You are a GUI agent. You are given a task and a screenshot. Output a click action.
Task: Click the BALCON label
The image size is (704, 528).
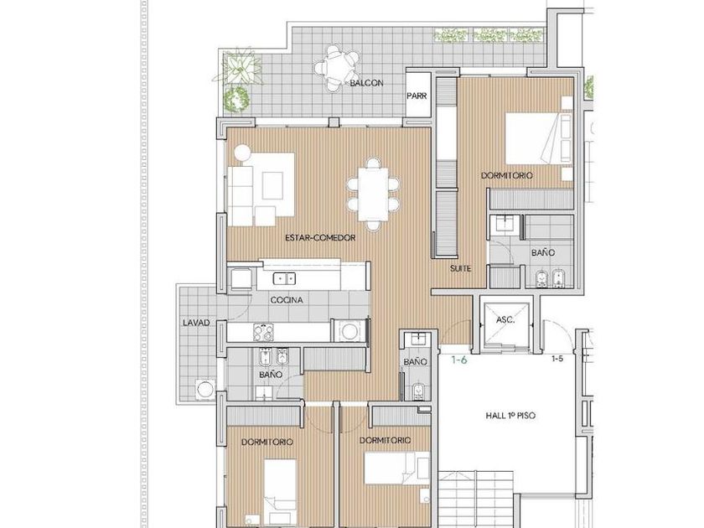point(366,83)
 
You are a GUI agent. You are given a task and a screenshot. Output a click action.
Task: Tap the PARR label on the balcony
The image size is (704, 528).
point(417,96)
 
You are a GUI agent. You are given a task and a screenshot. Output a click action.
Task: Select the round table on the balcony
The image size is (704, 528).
point(337,68)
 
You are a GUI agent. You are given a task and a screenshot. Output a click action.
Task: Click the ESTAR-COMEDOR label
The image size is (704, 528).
point(320,237)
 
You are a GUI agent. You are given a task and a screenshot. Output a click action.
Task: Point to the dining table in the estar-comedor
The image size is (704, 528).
point(373,194)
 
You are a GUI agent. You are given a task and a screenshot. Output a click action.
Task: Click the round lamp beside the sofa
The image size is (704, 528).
point(242,152)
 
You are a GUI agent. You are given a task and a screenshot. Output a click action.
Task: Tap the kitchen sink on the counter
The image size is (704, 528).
point(284,279)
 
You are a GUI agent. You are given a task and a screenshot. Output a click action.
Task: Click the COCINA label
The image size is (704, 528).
point(287,300)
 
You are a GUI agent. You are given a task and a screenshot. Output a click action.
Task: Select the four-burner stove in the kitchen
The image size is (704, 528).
point(263,333)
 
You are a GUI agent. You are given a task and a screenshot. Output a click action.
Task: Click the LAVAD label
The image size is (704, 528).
point(196,323)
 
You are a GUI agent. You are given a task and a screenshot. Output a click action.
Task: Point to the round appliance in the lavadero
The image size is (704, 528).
point(205,389)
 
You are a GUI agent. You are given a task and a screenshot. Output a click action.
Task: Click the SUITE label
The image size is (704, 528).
point(461,268)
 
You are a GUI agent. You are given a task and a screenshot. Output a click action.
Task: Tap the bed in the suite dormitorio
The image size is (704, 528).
point(539,138)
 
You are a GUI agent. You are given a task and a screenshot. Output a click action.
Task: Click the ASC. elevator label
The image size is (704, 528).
point(505,320)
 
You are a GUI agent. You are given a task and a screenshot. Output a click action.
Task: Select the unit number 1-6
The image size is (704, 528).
point(459,360)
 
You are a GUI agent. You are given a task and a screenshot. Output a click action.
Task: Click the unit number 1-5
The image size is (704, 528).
point(557,359)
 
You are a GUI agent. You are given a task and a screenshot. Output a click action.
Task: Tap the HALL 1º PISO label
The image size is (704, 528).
point(510,416)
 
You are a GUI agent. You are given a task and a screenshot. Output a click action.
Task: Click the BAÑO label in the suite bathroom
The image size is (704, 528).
point(543,253)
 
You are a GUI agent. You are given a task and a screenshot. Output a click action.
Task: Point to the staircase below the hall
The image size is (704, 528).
point(476,500)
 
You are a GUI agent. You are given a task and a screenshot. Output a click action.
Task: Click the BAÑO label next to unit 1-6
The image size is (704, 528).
point(415,361)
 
